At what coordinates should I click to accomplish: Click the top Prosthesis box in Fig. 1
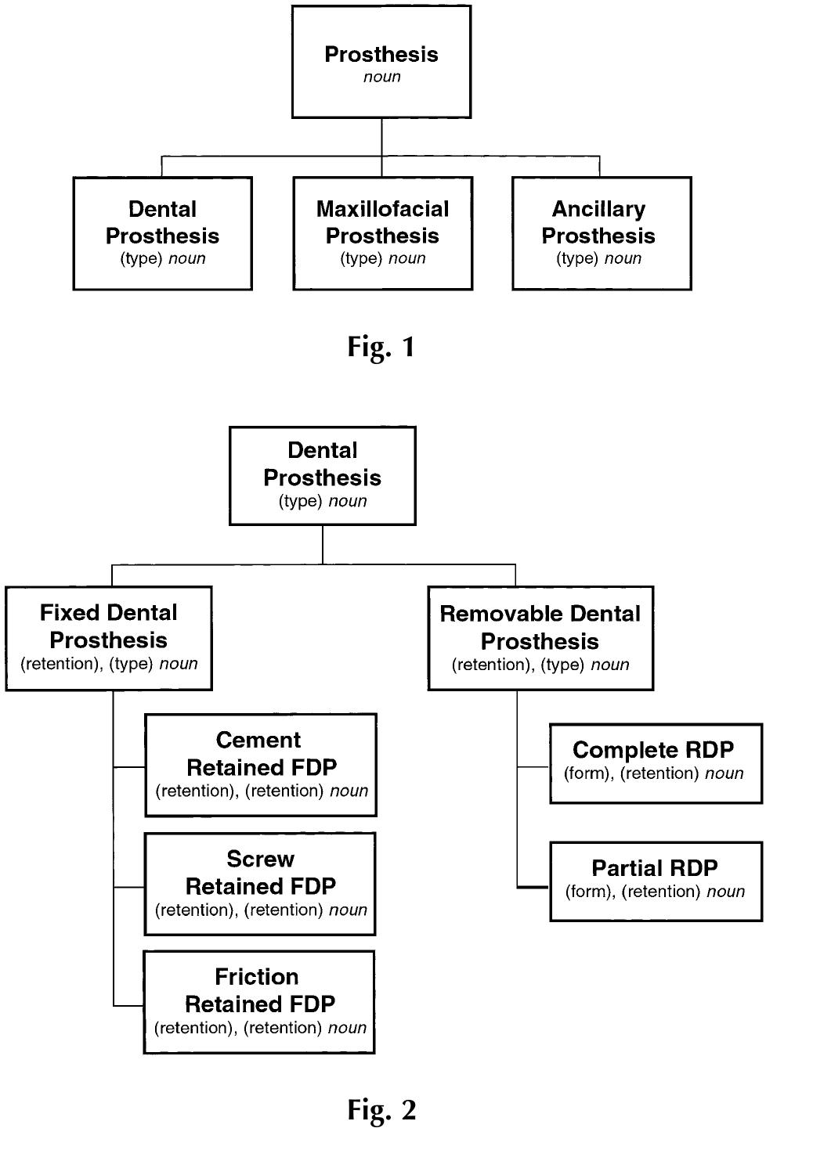coord(381,62)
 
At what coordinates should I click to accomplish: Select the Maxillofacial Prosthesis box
coord(382,233)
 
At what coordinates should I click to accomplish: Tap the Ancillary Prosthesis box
coord(601,233)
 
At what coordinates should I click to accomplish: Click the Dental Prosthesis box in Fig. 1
coord(162,233)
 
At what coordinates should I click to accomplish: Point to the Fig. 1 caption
coord(381,346)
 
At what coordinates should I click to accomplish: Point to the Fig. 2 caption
coord(381,1109)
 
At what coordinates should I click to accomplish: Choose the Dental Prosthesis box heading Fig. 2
coord(322,475)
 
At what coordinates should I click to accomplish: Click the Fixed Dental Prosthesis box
coord(108,638)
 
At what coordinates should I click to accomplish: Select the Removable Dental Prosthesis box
coord(540,638)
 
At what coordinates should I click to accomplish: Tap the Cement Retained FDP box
coord(261,765)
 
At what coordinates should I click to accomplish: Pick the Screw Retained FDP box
coord(260,884)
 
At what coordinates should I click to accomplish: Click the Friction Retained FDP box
coord(259,1002)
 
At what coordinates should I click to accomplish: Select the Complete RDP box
coord(656,763)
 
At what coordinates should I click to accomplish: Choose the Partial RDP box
coord(656,881)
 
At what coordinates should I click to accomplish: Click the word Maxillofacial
coord(382,209)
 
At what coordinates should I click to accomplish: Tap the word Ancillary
coord(598,209)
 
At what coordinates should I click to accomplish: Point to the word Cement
coord(258,740)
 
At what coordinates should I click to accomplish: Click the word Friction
coord(257,976)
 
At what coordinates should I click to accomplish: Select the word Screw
coord(260,859)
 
